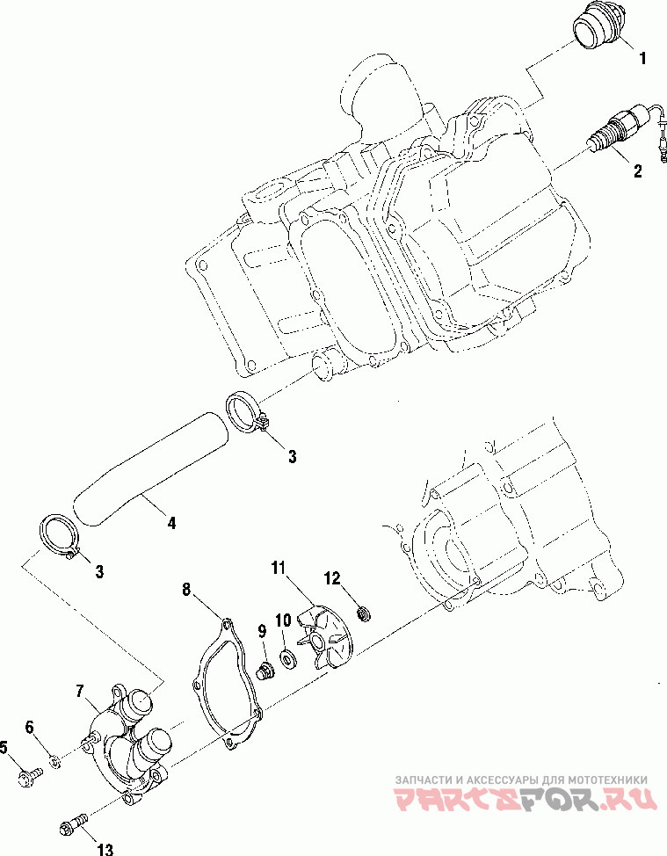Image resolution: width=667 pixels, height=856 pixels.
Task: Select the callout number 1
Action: click(642, 58)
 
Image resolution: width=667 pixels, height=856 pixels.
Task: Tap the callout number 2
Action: click(637, 170)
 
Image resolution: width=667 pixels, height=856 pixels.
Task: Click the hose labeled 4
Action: click(151, 468)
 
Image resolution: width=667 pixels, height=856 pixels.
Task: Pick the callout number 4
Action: click(171, 523)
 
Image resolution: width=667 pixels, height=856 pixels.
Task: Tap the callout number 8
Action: click(186, 590)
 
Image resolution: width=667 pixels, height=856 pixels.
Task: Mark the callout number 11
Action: click(279, 568)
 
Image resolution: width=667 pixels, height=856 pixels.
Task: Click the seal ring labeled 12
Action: click(363, 614)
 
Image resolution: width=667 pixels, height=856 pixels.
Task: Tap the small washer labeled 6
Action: click(54, 760)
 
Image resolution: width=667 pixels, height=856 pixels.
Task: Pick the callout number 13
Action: click(105, 849)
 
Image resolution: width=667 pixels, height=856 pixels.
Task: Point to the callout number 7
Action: click(80, 692)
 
